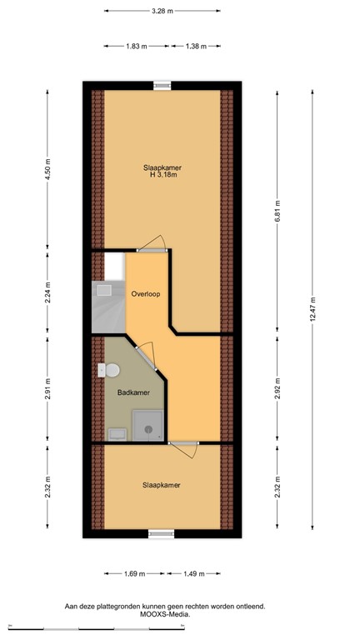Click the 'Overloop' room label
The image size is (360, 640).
click(145, 293)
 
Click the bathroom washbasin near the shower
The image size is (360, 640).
click(117, 433)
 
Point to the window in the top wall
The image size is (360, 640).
click(162, 83)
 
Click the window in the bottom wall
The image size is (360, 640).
click(161, 533)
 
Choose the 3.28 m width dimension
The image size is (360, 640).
click(162, 11)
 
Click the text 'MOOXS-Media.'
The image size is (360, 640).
click(163, 614)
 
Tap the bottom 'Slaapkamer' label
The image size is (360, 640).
click(161, 485)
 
